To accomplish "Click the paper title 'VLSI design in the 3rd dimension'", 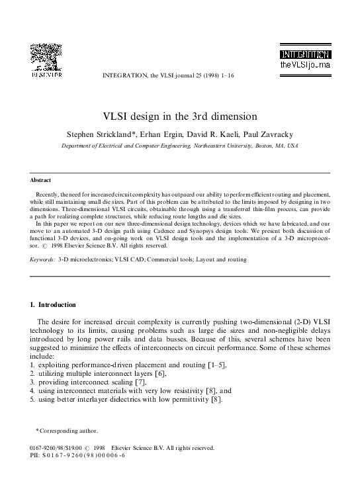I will (x=179, y=116).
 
